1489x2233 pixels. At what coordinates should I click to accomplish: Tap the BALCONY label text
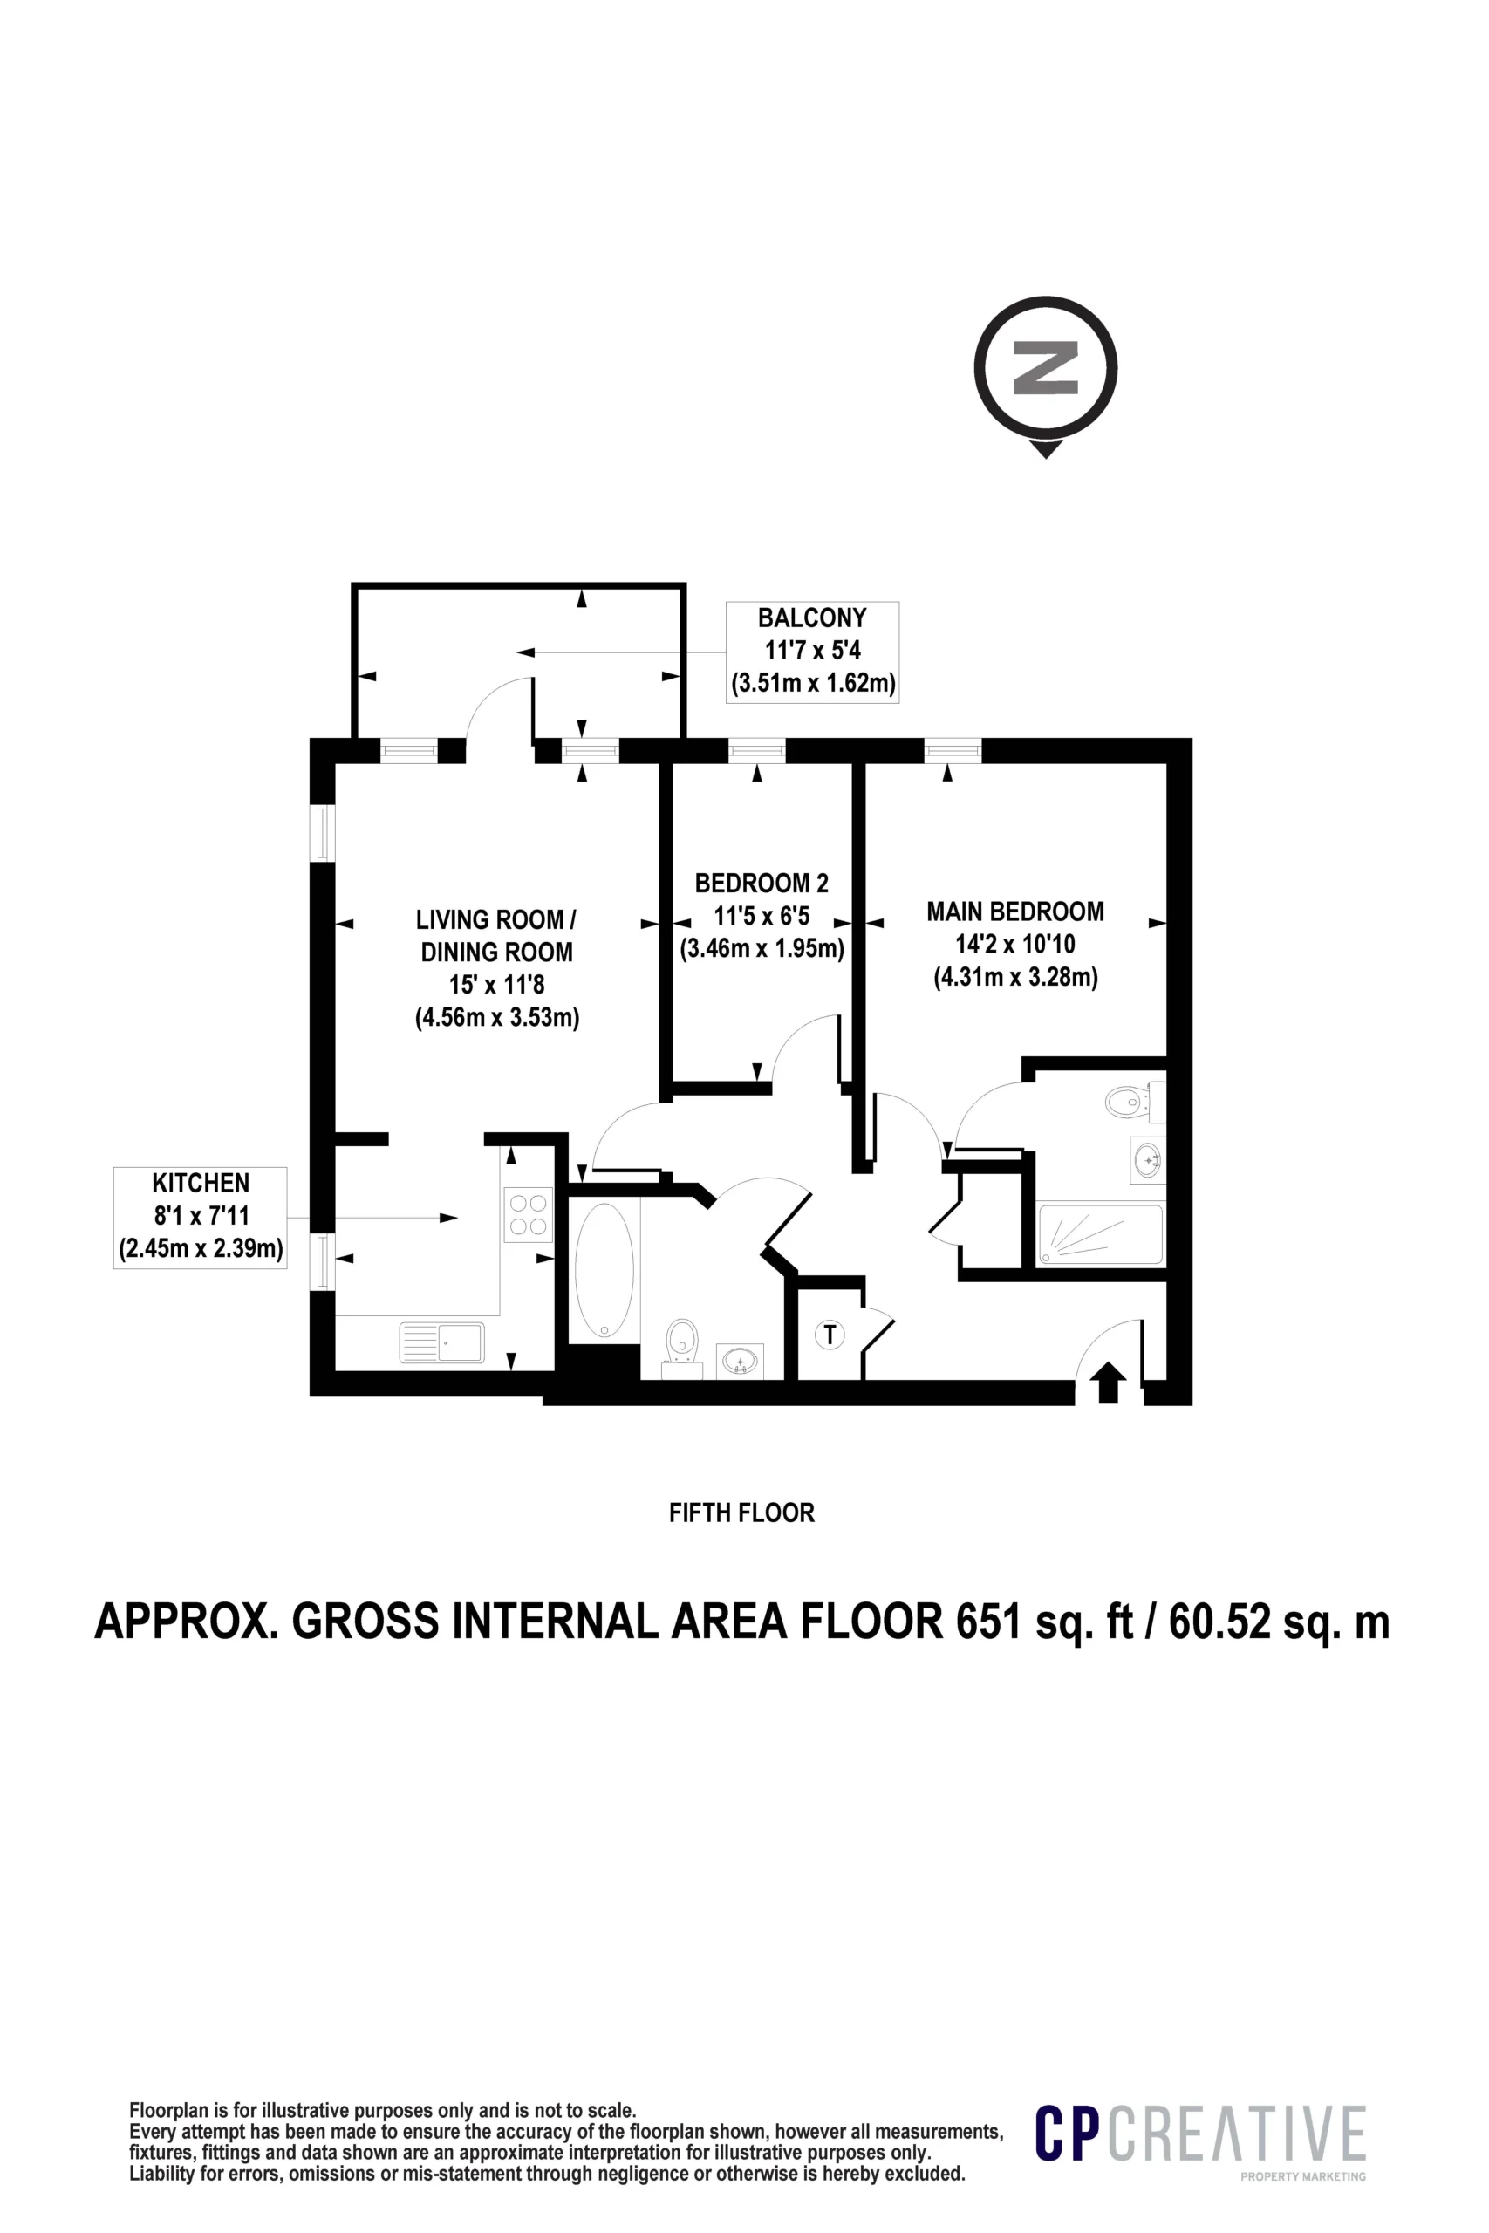point(812,618)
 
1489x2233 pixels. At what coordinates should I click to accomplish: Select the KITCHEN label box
point(201,1217)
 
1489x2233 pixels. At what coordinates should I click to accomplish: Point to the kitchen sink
point(442,1343)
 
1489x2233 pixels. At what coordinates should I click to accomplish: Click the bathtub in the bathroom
point(604,1270)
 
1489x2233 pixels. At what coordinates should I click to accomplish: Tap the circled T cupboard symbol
point(830,1335)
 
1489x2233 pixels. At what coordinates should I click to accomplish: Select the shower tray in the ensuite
point(1101,1234)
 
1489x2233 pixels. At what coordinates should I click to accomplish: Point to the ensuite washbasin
point(1148,1159)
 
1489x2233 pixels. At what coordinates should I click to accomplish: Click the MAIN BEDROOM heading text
point(1015,912)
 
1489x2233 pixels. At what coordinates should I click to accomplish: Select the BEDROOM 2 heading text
point(762,883)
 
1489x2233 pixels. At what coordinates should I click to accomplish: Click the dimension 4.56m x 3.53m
point(497,1018)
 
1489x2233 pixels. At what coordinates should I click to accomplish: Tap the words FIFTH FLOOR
point(741,1513)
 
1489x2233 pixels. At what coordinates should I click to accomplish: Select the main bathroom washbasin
point(740,1362)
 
